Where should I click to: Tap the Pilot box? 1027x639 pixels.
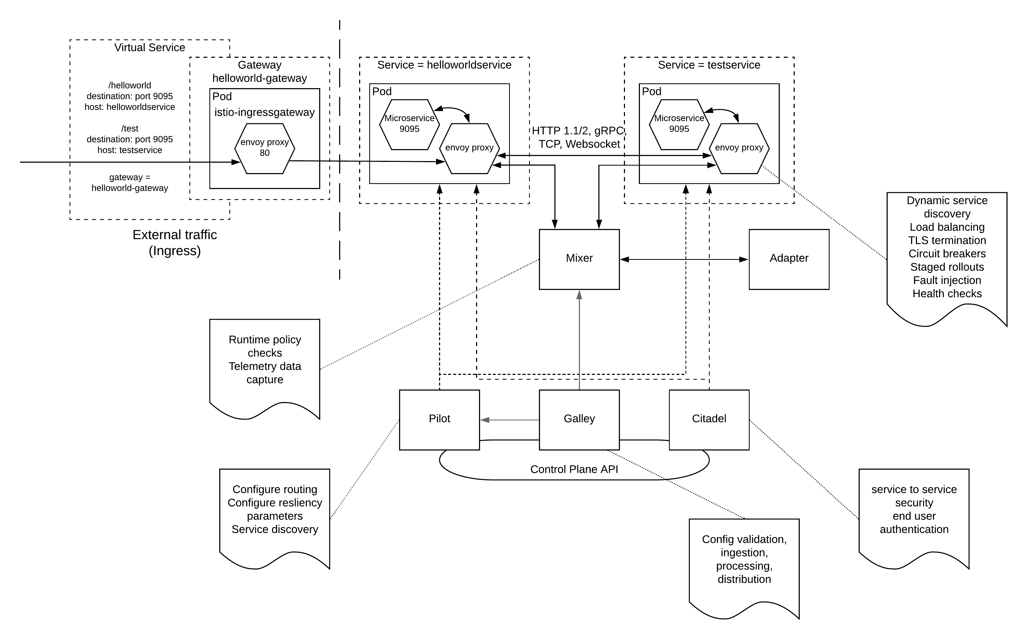point(439,419)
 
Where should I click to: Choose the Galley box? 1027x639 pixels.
point(579,419)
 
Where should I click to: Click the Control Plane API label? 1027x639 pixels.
point(574,469)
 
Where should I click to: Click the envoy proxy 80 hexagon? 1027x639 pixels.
point(265,148)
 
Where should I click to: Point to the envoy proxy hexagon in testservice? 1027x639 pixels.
point(739,148)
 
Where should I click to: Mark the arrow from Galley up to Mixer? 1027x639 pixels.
point(579,338)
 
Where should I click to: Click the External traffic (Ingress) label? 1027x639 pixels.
point(174,243)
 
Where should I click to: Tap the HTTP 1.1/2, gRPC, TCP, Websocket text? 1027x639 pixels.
point(579,137)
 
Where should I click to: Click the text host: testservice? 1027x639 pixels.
point(129,150)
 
